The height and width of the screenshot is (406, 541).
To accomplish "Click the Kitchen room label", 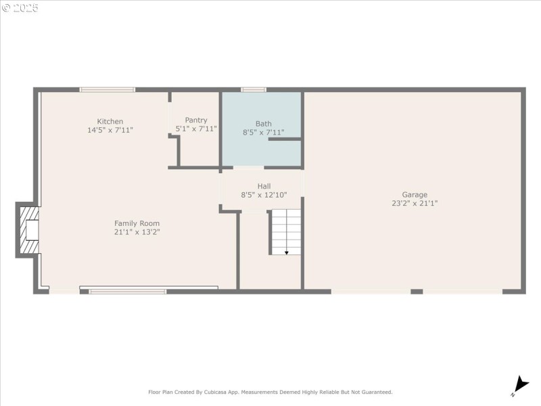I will [110, 121].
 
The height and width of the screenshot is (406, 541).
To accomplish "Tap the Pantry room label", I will [196, 120].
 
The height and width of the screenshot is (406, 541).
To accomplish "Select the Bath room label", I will [263, 124].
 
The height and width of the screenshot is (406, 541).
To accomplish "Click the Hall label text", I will [264, 186].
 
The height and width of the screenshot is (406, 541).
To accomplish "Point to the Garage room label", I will [415, 194].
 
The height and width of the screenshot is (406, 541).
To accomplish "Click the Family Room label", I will [137, 223].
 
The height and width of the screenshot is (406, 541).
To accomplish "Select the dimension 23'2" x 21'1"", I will [415, 203].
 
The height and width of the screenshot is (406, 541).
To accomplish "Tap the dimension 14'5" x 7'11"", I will [110, 129].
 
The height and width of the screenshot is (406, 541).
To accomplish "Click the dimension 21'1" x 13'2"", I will [137, 232].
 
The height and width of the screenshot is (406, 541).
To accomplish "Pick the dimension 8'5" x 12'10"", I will [264, 195].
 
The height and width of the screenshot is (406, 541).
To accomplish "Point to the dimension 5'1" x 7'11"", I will [196, 129].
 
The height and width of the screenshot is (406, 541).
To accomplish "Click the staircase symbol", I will [285, 231].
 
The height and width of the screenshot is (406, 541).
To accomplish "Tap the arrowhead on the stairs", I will [286, 252].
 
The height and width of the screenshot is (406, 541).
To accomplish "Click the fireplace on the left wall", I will [28, 231].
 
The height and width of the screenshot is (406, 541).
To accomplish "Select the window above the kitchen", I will [108, 89].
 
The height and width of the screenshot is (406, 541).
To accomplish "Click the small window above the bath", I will [254, 89].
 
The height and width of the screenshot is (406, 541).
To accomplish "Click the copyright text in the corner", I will [20, 8].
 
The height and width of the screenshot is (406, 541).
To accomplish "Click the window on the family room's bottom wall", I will [128, 292].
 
